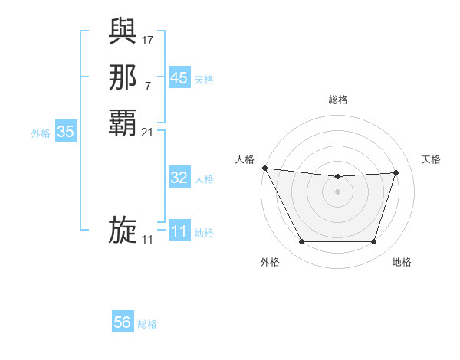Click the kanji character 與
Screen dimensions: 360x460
tap(123, 30)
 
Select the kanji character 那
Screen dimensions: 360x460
tap(123, 77)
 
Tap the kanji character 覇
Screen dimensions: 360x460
tap(123, 123)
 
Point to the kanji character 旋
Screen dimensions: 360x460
tap(123, 231)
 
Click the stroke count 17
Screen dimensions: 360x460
tap(148, 38)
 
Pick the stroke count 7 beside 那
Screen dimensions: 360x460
tap(147, 86)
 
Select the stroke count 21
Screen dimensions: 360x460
tap(148, 132)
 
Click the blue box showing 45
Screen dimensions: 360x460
tap(179, 77)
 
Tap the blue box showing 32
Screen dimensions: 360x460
tap(179, 178)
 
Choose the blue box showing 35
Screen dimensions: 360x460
tap(65, 132)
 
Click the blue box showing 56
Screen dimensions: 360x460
tap(122, 322)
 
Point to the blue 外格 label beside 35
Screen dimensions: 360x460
tap(41, 133)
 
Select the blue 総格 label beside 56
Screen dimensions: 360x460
tap(147, 324)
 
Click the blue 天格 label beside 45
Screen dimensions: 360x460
tap(204, 79)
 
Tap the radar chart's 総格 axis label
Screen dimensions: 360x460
tap(337, 100)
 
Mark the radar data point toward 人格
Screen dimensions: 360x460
tap(264, 168)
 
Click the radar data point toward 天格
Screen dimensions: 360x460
tap(396, 172)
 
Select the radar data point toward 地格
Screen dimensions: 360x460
tap(373, 242)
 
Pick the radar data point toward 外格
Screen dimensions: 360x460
tap(301, 242)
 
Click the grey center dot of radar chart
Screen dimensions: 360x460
tap(337, 191)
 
